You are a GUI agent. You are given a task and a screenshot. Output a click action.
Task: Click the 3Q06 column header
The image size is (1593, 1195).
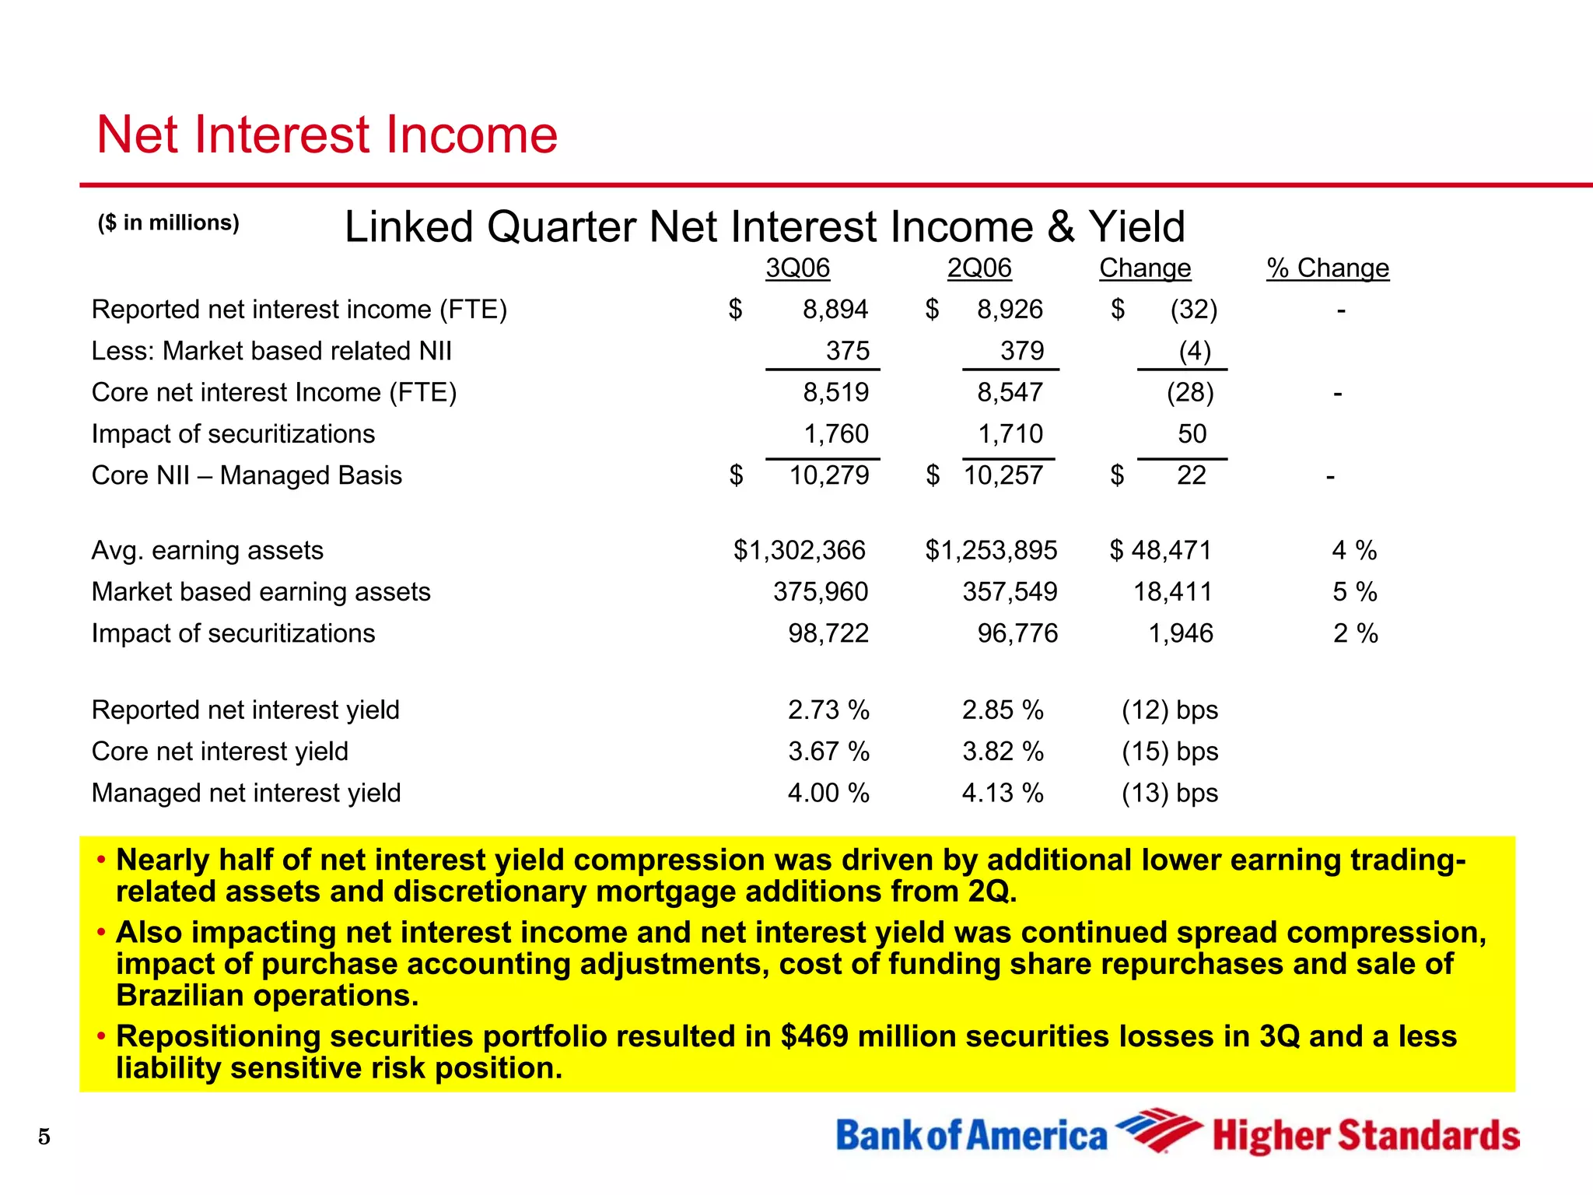coord(797,268)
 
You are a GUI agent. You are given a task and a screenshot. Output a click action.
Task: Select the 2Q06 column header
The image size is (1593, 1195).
coord(979,268)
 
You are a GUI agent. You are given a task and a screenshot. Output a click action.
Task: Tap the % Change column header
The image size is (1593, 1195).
coord(1327,268)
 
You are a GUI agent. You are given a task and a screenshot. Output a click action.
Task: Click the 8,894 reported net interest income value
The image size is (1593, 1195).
coord(835,310)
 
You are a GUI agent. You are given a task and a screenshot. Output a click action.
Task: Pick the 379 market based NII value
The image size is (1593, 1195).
coord(1021,351)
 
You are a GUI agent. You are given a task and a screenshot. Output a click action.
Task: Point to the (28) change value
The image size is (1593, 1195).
coord(1189,392)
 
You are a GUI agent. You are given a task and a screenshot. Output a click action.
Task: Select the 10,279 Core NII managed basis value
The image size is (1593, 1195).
coord(828,475)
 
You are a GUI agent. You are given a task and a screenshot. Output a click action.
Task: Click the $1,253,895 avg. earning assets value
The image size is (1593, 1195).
coord(990,551)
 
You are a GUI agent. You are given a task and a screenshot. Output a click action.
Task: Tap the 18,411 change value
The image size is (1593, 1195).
coord(1172,592)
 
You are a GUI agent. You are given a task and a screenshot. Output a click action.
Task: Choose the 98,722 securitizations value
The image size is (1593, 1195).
coord(828,633)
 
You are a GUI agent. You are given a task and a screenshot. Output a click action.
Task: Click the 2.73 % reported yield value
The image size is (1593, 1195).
coord(828,710)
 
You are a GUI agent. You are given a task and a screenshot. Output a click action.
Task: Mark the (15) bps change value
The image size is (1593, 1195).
coord(1169,752)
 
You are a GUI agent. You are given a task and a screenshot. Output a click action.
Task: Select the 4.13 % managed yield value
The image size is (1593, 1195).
coord(1002,794)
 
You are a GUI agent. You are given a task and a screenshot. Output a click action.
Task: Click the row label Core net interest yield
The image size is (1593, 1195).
coord(219,752)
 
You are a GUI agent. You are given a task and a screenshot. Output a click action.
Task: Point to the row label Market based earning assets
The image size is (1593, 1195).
coord(261,592)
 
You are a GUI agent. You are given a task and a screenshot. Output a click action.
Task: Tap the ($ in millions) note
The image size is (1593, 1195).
coord(168,223)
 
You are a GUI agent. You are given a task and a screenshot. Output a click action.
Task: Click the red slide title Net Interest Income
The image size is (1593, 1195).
coord(327,135)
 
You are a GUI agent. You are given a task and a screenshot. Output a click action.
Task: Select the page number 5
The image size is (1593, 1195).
coord(44,1137)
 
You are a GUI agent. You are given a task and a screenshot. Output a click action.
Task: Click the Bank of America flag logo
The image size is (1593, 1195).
coord(1157,1130)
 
